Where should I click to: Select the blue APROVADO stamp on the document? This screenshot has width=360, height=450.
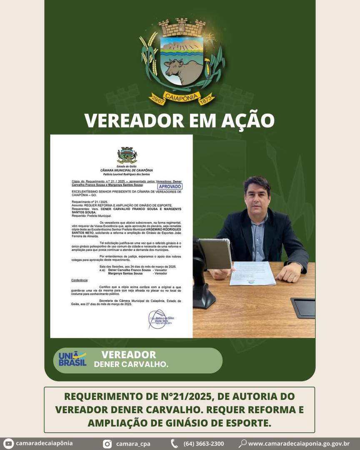click(x=170, y=187)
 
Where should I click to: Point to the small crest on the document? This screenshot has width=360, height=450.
click(x=127, y=155)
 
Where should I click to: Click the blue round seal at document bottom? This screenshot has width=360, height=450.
click(x=157, y=320)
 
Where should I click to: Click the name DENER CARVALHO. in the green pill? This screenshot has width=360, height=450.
click(x=131, y=365)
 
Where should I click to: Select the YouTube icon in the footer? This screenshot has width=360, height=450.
click(x=8, y=444)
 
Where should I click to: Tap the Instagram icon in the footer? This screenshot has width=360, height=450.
click(x=107, y=444)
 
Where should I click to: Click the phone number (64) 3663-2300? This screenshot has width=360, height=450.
click(x=203, y=444)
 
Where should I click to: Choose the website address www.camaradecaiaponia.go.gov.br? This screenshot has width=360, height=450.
click(x=298, y=444)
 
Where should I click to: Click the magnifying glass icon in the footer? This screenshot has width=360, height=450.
click(x=242, y=444)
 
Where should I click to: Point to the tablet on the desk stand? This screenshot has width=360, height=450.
click(x=215, y=253)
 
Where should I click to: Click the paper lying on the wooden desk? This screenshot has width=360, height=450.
click(x=252, y=273)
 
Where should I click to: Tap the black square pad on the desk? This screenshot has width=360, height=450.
click(x=303, y=307)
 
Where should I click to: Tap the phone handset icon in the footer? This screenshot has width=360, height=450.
click(x=174, y=444)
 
